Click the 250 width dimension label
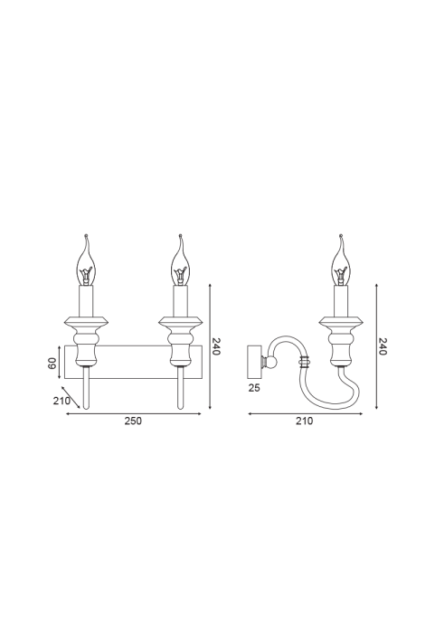[x=133, y=421]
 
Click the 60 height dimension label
[x=52, y=364]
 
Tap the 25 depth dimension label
[x=254, y=388]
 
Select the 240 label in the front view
[x=216, y=346]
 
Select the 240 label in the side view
[x=383, y=346]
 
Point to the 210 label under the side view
[x=305, y=421]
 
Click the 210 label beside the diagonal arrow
[x=61, y=401]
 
